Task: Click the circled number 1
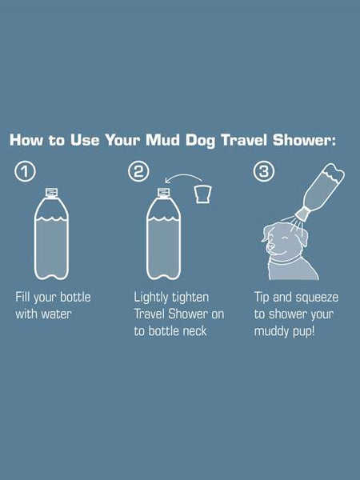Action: click(25, 171)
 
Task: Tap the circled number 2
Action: click(138, 171)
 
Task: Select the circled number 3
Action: click(264, 171)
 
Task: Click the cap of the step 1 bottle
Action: click(51, 193)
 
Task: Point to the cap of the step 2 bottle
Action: click(163, 193)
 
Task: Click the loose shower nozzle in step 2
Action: click(203, 194)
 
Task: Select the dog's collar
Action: click(285, 261)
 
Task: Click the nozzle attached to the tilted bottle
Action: click(302, 214)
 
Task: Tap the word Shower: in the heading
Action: click(305, 140)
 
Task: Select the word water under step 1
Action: click(56, 314)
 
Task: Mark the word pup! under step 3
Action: click(304, 332)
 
